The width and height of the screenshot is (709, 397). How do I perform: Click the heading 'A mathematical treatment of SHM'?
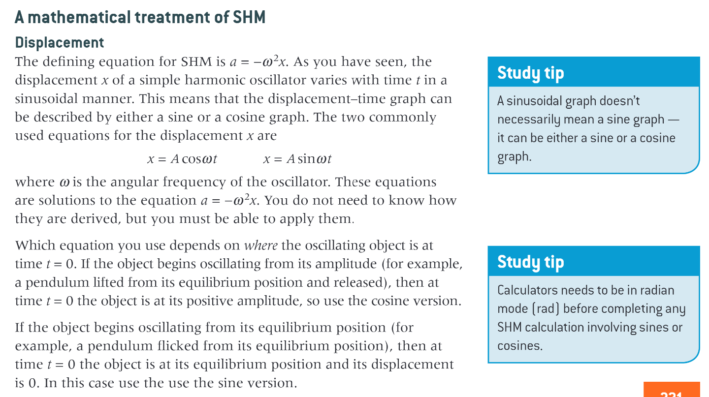(x=140, y=18)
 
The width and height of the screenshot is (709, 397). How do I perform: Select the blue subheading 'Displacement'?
(x=60, y=43)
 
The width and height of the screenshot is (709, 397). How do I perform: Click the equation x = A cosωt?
(x=182, y=159)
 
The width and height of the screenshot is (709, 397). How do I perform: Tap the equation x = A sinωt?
(x=297, y=159)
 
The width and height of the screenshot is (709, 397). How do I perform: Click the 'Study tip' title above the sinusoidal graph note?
(x=530, y=73)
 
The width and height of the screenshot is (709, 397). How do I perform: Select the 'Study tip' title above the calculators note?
(x=530, y=262)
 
